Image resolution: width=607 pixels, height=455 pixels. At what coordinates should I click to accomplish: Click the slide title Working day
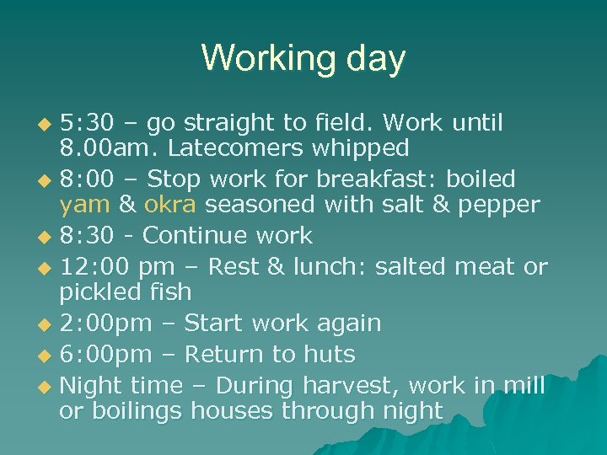[x=303, y=58]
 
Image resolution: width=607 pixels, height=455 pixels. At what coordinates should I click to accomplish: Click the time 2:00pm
[x=110, y=324]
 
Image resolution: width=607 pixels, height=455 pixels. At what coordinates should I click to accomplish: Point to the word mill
[x=524, y=386]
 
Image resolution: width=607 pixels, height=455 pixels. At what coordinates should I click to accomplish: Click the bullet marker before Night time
[x=46, y=387]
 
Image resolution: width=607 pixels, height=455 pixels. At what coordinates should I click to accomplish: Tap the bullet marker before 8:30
[x=46, y=237]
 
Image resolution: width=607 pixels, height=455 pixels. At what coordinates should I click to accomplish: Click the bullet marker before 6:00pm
[x=46, y=355]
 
